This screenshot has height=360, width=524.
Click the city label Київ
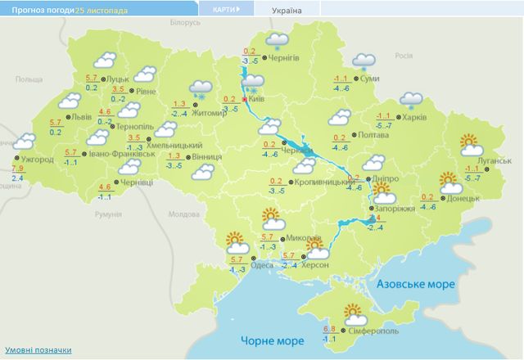click(255, 99)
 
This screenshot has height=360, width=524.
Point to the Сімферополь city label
click(375, 333)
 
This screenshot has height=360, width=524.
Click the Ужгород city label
click(37, 160)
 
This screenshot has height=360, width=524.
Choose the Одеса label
click(263, 264)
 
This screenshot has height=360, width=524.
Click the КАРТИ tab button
click(224, 9)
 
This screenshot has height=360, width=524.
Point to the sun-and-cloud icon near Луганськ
click(471, 145)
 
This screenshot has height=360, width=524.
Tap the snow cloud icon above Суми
click(363, 61)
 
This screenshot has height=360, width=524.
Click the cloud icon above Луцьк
click(104, 60)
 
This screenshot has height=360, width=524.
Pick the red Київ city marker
click(243, 99)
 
